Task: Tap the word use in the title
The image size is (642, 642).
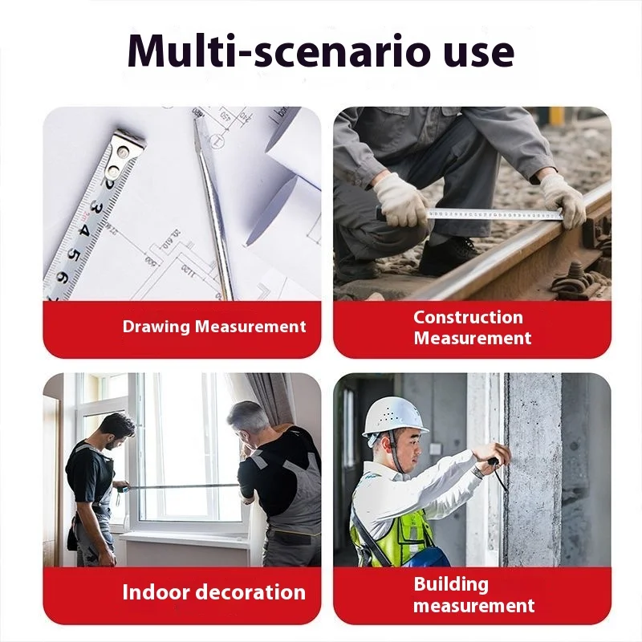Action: pos(475,51)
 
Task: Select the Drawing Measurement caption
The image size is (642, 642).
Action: pos(214,327)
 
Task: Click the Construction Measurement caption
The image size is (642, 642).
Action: pos(472,327)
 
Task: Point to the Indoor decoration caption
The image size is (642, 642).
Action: pos(213,593)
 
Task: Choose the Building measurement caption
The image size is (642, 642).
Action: pos(473,595)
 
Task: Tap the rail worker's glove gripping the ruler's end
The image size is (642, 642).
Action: pos(563,201)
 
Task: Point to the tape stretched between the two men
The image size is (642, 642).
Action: pos(181,486)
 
